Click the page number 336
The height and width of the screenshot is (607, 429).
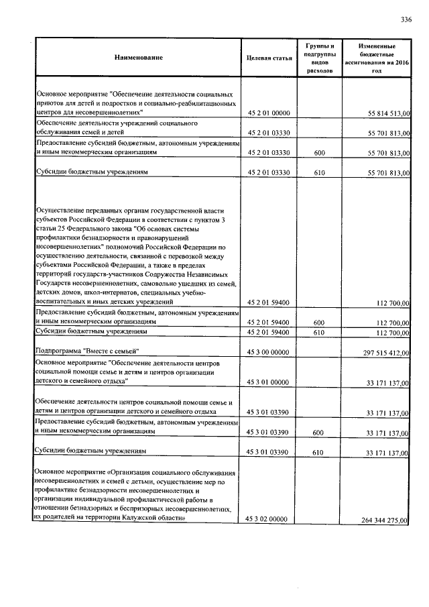(406, 19)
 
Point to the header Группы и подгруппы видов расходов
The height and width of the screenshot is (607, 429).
(319, 57)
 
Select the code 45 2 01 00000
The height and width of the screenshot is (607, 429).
(268, 115)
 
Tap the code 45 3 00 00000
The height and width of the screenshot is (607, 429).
(268, 352)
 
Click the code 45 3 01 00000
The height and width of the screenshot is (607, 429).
(268, 382)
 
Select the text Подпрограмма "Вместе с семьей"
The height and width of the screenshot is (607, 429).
(86, 351)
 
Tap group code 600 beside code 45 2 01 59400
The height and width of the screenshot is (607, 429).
(319, 322)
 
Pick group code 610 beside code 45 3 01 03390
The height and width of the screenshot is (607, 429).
(319, 453)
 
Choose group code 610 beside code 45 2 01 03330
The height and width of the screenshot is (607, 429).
(319, 173)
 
